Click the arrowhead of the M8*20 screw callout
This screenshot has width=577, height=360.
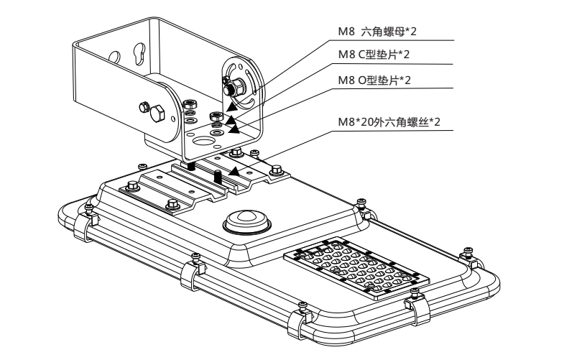tap(233, 172)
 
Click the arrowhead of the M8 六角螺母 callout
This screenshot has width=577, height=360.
tap(232, 106)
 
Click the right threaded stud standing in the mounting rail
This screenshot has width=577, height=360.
tap(217, 175)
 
